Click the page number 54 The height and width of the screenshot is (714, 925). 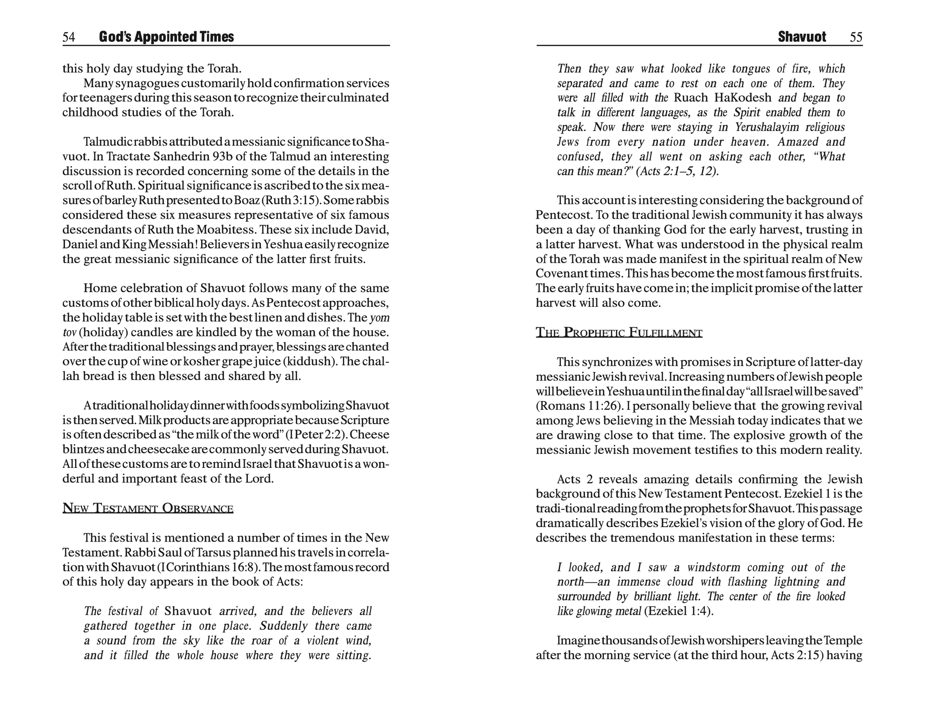(69, 37)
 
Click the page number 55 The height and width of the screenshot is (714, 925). (856, 37)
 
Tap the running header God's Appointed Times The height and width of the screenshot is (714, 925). (166, 37)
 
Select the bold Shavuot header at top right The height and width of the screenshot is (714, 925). (802, 37)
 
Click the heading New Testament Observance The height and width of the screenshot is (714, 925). (148, 508)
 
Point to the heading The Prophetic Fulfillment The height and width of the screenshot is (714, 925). (619, 333)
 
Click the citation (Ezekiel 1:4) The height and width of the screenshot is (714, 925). (678, 611)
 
